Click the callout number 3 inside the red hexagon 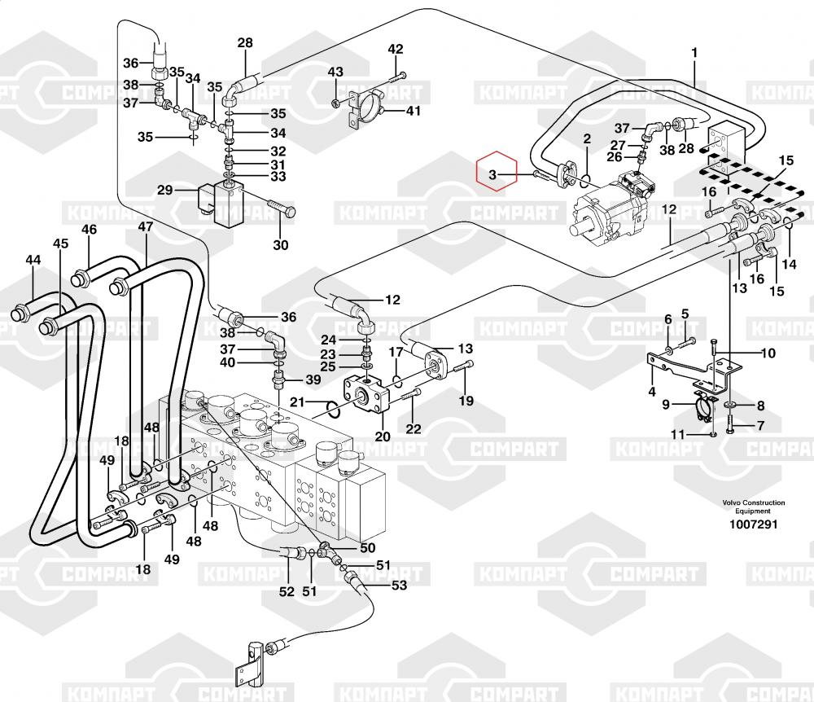492,174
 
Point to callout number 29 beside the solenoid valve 165,190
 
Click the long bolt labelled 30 282,211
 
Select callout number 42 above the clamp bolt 395,50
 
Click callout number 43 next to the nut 335,72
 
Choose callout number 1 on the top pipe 694,54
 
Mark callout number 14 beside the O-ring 790,264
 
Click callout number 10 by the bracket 768,353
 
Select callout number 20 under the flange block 383,437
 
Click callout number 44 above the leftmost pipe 33,261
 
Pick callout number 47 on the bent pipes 145,227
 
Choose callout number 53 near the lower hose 400,585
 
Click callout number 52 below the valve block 287,592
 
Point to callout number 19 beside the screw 466,400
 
